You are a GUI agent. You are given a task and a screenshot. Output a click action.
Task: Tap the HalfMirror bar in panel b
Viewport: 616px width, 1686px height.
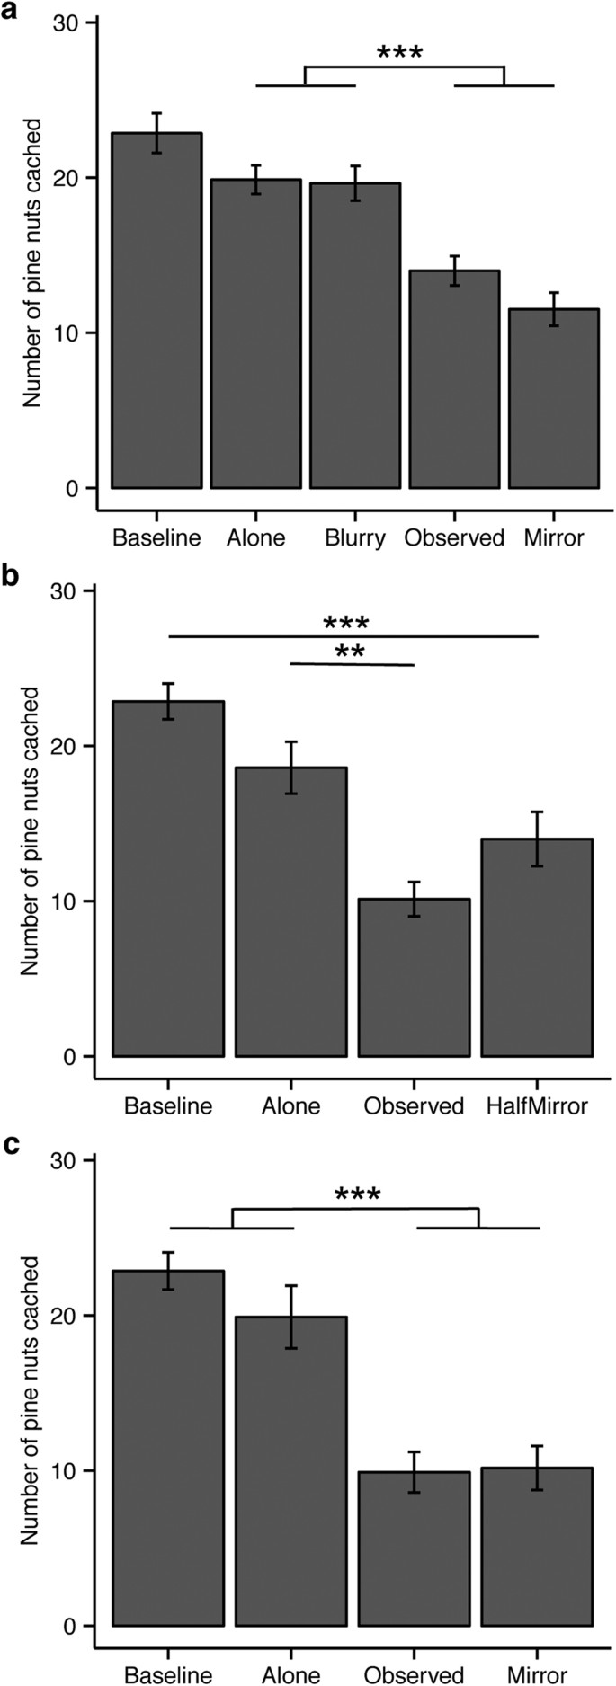click(536, 947)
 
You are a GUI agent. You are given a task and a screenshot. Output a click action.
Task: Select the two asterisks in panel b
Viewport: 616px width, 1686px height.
click(349, 652)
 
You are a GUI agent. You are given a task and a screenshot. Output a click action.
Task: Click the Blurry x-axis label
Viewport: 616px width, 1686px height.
click(354, 538)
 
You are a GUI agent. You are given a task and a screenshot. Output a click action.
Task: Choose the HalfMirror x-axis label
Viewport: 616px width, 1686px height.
click(536, 1105)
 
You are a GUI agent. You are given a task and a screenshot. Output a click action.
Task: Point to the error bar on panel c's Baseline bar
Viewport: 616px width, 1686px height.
click(167, 1271)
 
